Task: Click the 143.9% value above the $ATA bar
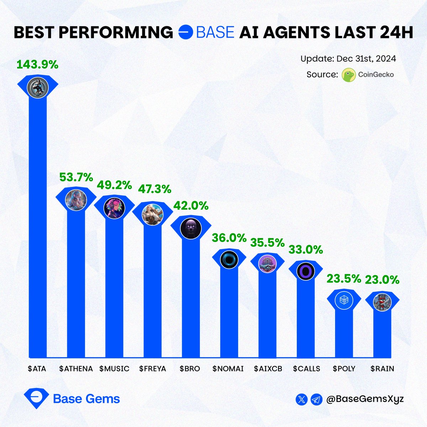(37, 64)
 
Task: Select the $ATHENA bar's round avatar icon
(76, 200)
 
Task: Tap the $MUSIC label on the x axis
(114, 369)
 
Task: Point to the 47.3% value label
(154, 189)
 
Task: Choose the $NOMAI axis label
(228, 369)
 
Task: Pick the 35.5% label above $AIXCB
(268, 243)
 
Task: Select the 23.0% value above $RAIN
(383, 280)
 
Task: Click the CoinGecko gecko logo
(349, 75)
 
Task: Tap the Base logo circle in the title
(185, 32)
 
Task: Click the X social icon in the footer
(301, 399)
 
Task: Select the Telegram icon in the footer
(316, 399)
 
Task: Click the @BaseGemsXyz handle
(365, 399)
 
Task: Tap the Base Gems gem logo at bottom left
(36, 398)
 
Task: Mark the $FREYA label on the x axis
(153, 369)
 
